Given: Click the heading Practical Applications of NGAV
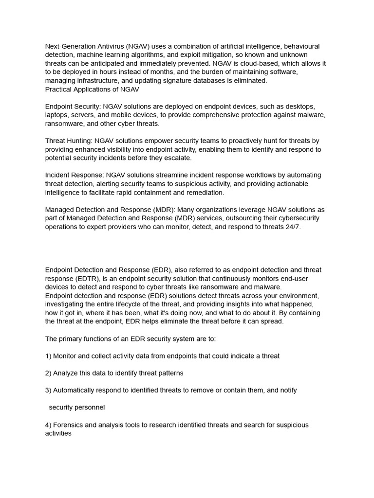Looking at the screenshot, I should click(x=92, y=89).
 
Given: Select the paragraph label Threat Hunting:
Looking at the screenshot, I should click(x=69, y=141).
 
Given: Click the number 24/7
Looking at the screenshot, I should click(x=291, y=227).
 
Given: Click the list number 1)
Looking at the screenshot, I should click(x=48, y=356).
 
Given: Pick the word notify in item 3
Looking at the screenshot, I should click(x=287, y=390).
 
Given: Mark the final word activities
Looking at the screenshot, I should click(x=58, y=433).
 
